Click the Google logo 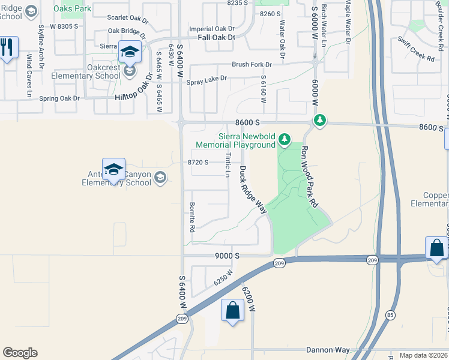(x=20, y=353)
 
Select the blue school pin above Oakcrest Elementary (x=130, y=52)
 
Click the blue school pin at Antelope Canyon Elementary (x=113, y=170)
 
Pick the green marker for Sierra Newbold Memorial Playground (x=285, y=141)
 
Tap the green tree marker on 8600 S (x=321, y=121)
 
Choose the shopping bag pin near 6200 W (x=232, y=311)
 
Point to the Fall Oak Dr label (x=216, y=37)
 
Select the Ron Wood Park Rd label (x=309, y=177)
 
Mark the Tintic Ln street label (x=228, y=164)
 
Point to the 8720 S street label (x=198, y=162)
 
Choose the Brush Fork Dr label (x=252, y=64)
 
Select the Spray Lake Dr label (x=206, y=79)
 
